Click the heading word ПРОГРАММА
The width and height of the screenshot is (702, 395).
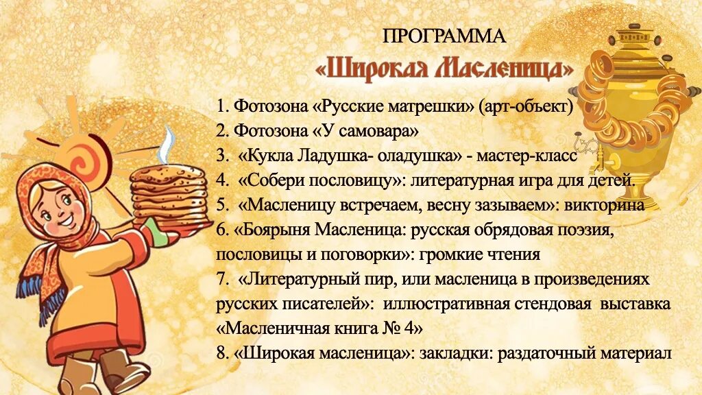point(444,36)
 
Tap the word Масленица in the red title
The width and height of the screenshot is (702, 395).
point(501,68)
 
